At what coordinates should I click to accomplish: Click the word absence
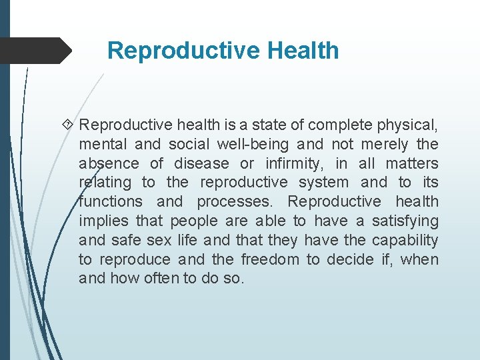click(109, 163)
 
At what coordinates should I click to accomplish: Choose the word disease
click(202, 163)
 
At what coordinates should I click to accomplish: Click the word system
click(323, 182)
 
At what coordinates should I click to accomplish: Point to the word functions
click(111, 201)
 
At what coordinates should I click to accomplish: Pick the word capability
click(405, 240)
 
